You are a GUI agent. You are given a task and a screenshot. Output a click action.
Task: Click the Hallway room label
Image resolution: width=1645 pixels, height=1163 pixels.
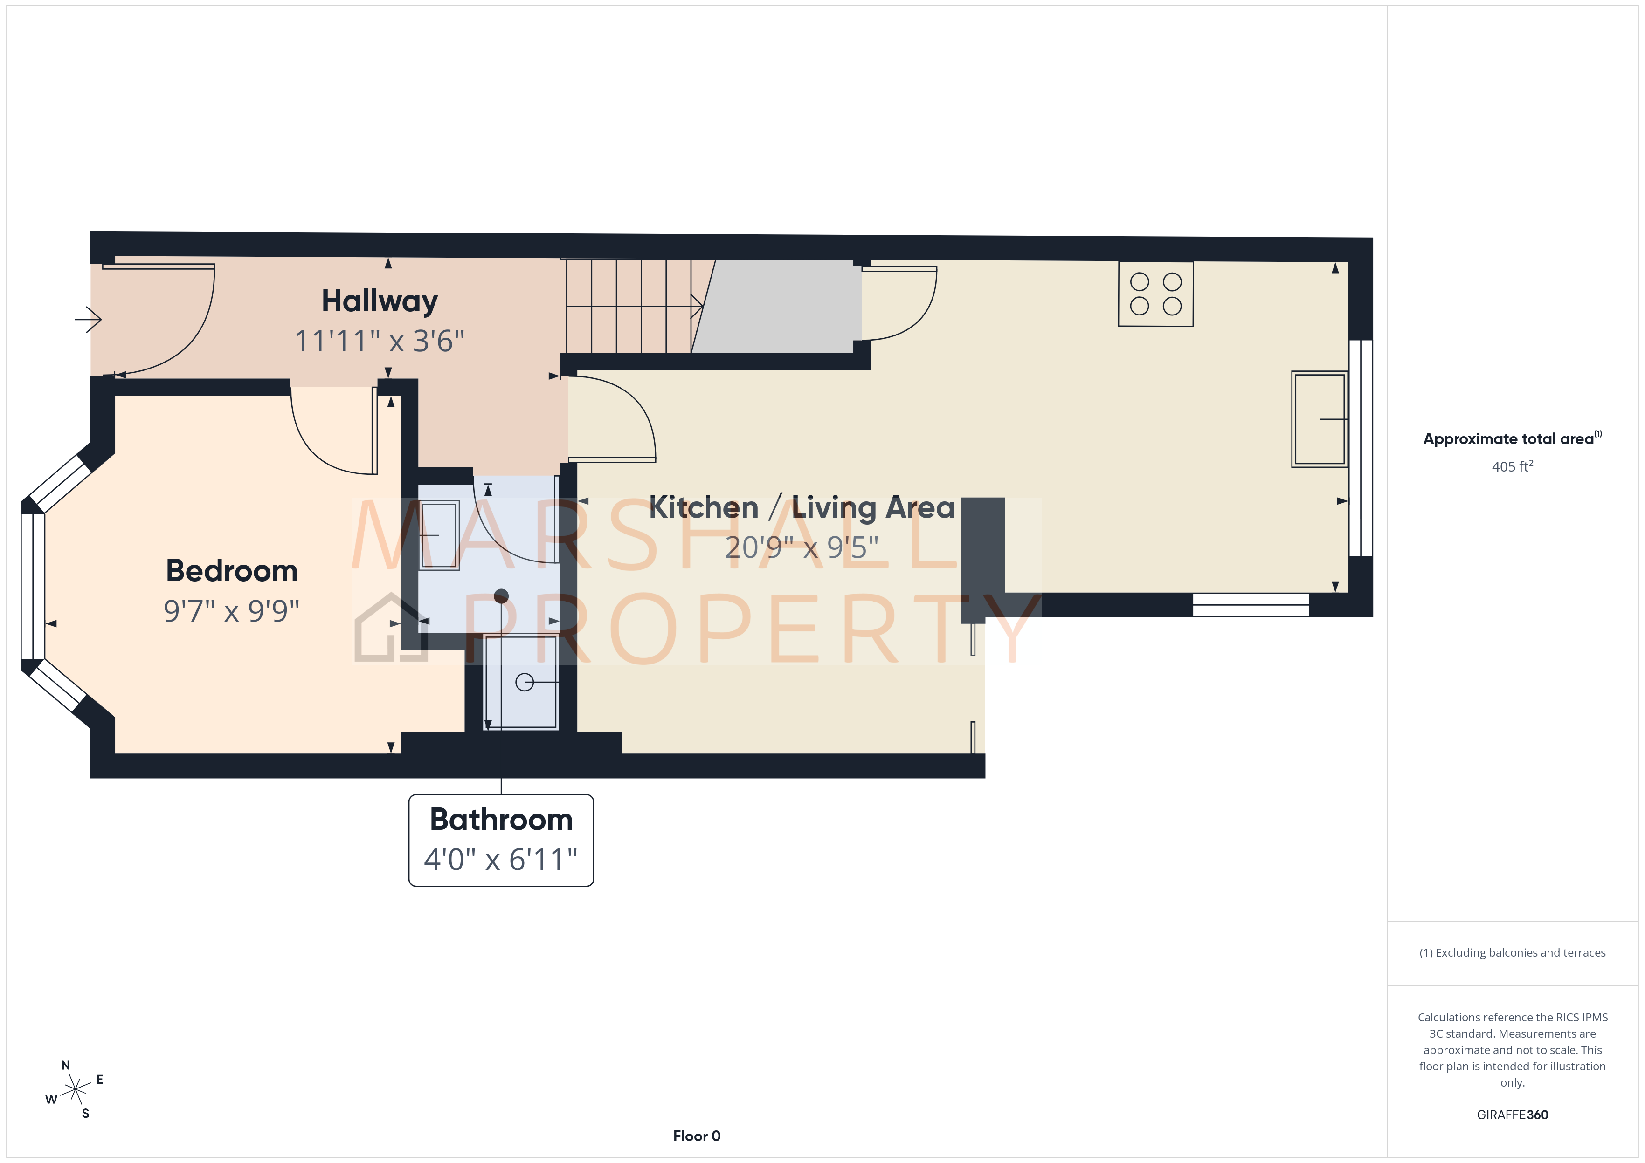(x=379, y=301)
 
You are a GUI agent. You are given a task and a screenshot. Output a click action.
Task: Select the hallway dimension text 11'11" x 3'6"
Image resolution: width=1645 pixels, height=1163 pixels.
(x=379, y=342)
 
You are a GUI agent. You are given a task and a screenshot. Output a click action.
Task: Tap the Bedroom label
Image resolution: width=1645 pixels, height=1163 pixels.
(x=231, y=571)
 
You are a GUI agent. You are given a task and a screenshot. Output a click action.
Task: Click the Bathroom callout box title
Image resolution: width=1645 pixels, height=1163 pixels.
(x=501, y=819)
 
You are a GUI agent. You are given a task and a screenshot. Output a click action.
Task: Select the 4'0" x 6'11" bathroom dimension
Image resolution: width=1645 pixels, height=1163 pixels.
(x=501, y=859)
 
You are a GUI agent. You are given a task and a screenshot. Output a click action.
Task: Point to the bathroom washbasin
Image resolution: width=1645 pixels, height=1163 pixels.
(x=438, y=535)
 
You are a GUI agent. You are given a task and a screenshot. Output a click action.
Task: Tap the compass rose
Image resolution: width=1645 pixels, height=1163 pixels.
(x=75, y=1090)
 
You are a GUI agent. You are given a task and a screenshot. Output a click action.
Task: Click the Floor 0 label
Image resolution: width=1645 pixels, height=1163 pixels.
(x=697, y=1136)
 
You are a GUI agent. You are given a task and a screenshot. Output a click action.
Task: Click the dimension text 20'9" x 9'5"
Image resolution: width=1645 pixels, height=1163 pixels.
(x=801, y=548)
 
